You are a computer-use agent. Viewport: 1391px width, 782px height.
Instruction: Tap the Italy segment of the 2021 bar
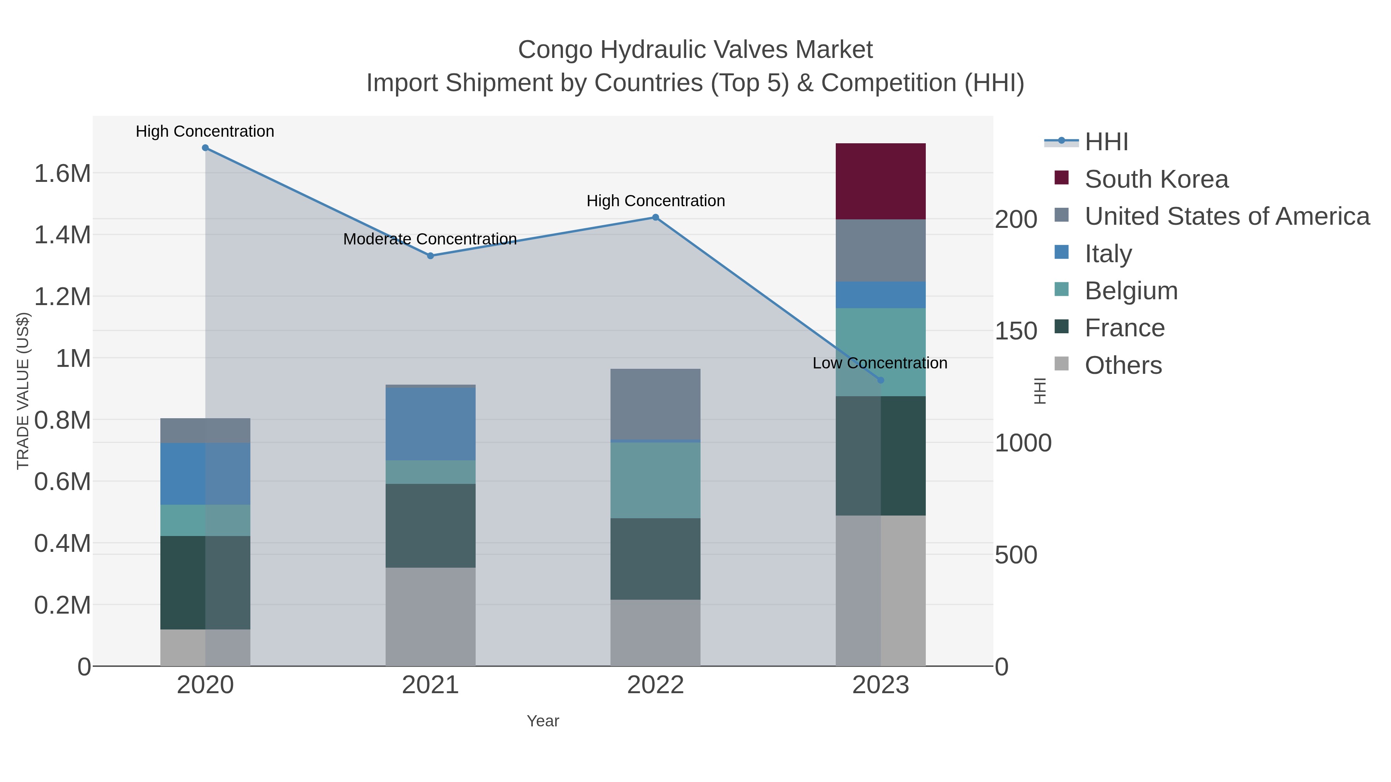pos(430,424)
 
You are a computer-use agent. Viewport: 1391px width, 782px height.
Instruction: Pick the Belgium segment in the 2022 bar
pos(655,480)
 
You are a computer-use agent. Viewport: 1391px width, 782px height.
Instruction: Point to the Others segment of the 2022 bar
pos(655,633)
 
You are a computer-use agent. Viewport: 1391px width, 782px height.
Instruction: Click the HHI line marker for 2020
pos(205,148)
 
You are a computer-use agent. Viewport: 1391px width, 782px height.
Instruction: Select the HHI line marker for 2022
pos(656,217)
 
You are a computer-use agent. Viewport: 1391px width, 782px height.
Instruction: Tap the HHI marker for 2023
pos(881,380)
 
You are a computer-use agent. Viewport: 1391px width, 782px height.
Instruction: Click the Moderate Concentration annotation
pos(430,239)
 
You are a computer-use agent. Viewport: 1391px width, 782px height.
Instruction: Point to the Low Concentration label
pos(880,363)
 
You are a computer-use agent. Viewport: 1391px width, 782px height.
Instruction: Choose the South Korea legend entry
pos(1156,179)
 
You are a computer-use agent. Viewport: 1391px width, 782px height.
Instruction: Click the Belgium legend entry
pos(1131,291)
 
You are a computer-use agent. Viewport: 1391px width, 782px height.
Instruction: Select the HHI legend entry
pos(1106,142)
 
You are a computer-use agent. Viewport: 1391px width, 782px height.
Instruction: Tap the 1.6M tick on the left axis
pos(62,174)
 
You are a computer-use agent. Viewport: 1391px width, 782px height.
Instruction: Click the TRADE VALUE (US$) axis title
pos(23,391)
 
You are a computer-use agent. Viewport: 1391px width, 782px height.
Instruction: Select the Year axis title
pos(543,721)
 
